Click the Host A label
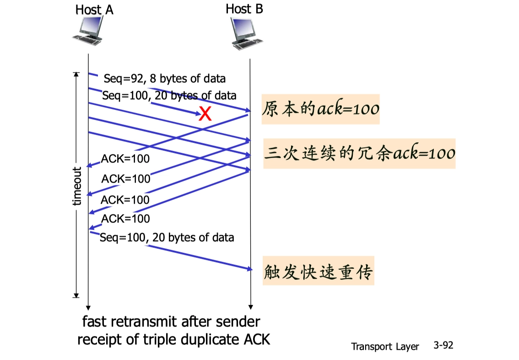[x=94, y=10]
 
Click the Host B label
[x=244, y=9]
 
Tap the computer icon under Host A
[x=88, y=33]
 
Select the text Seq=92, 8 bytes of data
[x=164, y=78]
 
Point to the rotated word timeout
[x=77, y=186]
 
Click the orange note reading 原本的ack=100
[x=320, y=109]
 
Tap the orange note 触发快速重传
[x=319, y=272]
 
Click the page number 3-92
[x=443, y=345]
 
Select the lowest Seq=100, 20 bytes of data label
[x=167, y=238]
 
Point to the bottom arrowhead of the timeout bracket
[x=76, y=295]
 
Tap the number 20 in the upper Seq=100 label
[x=160, y=96]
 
